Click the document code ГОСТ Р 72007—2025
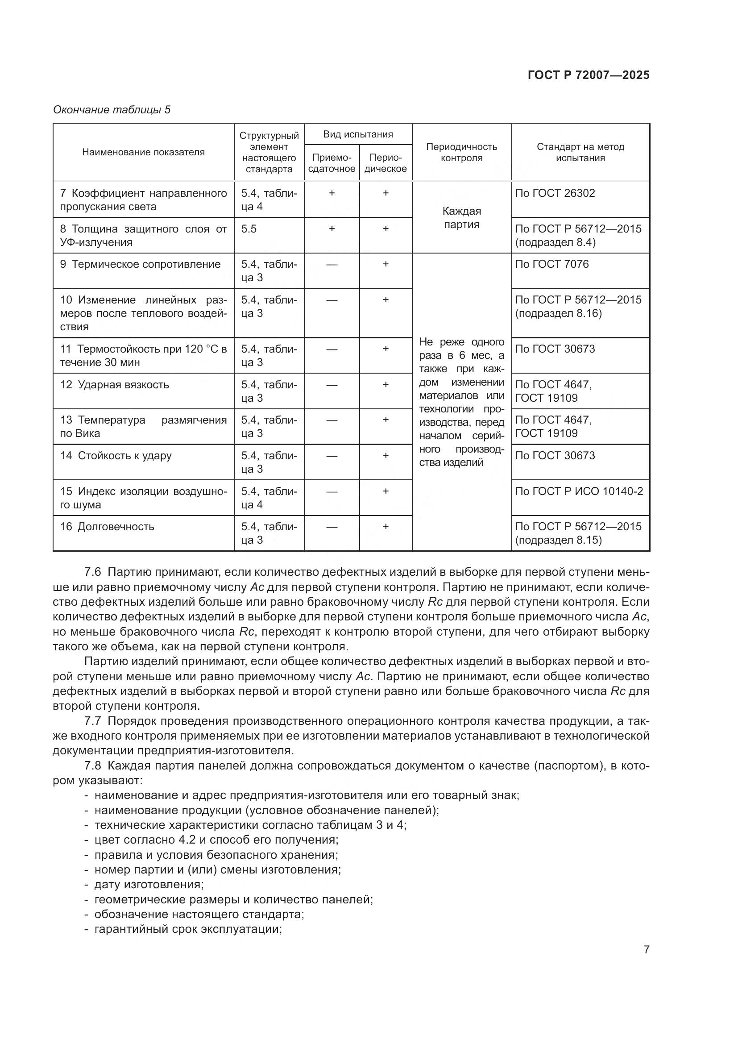589,75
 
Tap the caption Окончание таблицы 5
112,110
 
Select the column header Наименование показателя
143,152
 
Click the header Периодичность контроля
461,152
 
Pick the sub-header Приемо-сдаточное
332,163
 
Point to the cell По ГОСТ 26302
555,193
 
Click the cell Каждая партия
461,218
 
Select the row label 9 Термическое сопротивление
141,264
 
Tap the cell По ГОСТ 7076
551,264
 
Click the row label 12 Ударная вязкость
115,385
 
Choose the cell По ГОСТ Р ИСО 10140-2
579,491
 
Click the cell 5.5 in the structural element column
249,229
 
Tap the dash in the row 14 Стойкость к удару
332,456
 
